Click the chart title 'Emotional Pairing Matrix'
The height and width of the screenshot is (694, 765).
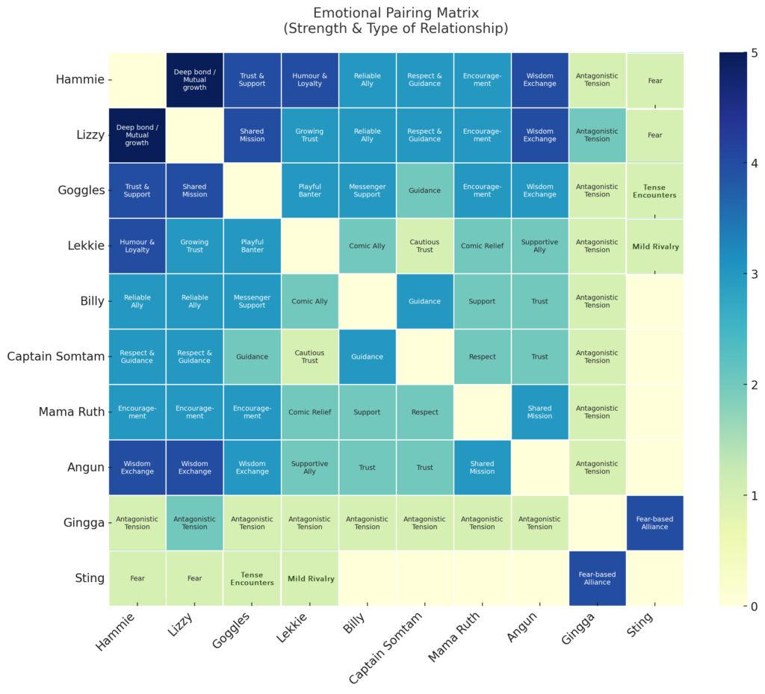(x=396, y=13)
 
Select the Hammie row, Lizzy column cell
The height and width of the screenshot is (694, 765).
(x=194, y=80)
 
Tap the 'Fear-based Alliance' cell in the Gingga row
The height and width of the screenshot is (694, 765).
(x=655, y=523)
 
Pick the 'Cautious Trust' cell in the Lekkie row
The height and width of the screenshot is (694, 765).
(x=424, y=246)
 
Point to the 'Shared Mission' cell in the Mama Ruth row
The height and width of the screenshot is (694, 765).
(x=539, y=412)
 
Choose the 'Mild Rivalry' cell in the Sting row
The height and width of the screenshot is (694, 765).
(x=309, y=578)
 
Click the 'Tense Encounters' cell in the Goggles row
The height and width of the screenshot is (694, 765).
(x=655, y=190)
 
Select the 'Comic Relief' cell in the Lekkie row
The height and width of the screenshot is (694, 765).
(x=482, y=246)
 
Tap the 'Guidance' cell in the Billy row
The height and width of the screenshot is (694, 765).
(x=424, y=301)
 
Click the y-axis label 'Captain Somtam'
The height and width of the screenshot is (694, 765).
(x=55, y=356)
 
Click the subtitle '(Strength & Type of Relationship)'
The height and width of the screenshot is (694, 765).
(x=396, y=29)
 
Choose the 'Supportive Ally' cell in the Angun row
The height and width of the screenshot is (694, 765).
(x=309, y=468)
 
